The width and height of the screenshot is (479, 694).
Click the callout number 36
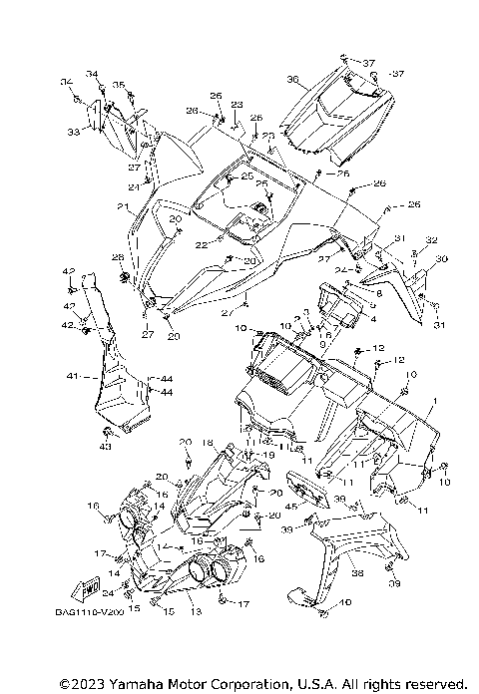pyautogui.click(x=292, y=79)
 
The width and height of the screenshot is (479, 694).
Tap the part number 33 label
pyautogui.click(x=73, y=131)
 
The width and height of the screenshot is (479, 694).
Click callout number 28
pyautogui.click(x=118, y=257)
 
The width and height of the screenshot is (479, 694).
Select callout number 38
pyautogui.click(x=357, y=573)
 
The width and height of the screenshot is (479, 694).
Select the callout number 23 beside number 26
pyautogui.click(x=237, y=104)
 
